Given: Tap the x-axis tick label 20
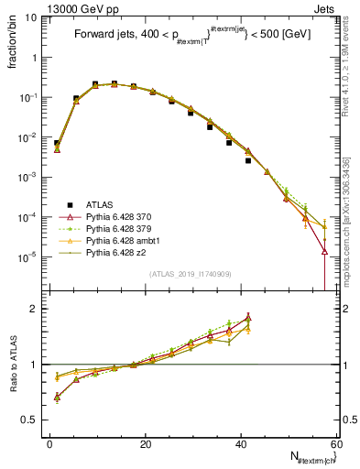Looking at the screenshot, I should (146, 443).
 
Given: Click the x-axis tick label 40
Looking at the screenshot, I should (241, 443).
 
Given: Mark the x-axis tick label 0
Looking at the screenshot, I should (50, 443).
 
